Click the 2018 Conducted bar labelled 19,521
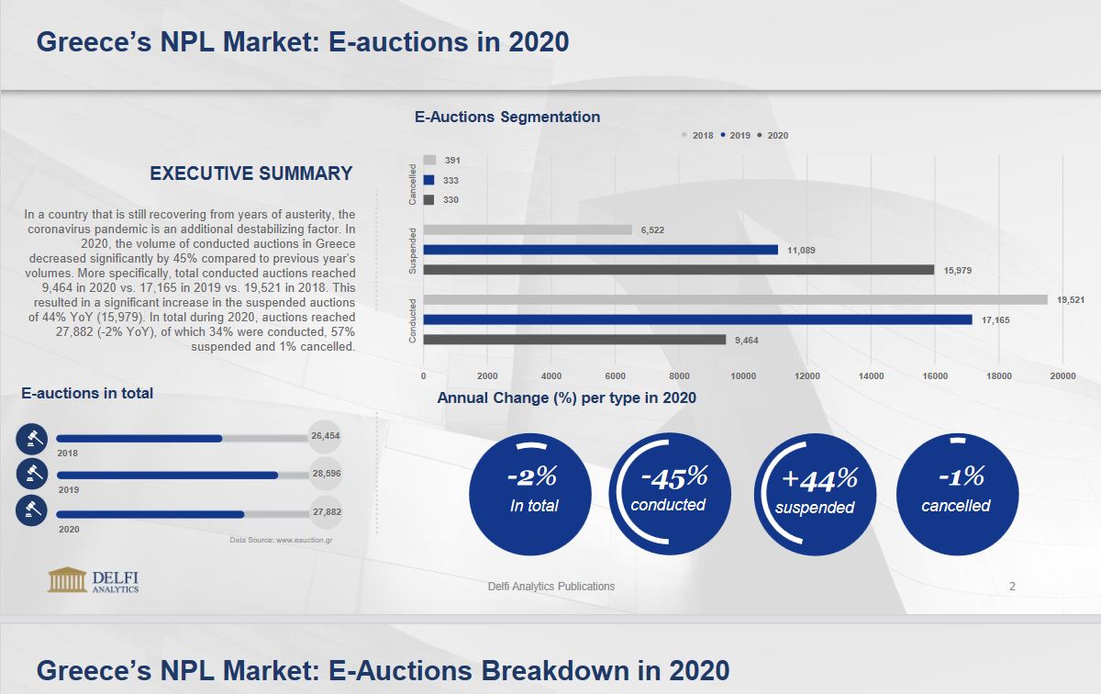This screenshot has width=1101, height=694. pyautogui.click(x=734, y=299)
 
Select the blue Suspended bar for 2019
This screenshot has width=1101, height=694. pyautogui.click(x=600, y=250)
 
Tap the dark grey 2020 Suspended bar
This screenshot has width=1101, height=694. pyautogui.click(x=678, y=270)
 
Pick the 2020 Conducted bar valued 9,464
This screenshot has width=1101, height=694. pyautogui.click(x=574, y=340)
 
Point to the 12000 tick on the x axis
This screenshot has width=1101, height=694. pyautogui.click(x=806, y=375)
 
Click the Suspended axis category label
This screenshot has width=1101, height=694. pyautogui.click(x=413, y=251)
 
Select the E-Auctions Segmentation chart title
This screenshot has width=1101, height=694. pyautogui.click(x=507, y=117)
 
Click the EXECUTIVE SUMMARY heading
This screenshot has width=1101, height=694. pyautogui.click(x=250, y=173)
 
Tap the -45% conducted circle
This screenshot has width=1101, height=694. pyautogui.click(x=670, y=494)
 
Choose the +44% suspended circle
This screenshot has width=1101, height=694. pyautogui.click(x=815, y=494)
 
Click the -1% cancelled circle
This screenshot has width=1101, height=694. pyautogui.click(x=957, y=494)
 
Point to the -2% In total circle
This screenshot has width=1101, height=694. pyautogui.click(x=530, y=494)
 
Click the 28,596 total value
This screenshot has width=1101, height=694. pyautogui.click(x=326, y=474)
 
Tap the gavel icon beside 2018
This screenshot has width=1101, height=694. pyautogui.click(x=31, y=439)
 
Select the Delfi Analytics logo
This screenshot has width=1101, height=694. pyautogui.click(x=94, y=580)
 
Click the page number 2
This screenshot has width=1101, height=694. pyautogui.click(x=1012, y=586)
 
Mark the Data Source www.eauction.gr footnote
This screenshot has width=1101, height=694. pyautogui.click(x=281, y=540)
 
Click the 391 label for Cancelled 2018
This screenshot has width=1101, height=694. pyautogui.click(x=452, y=160)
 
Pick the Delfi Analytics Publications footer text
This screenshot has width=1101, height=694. pyautogui.click(x=551, y=586)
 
